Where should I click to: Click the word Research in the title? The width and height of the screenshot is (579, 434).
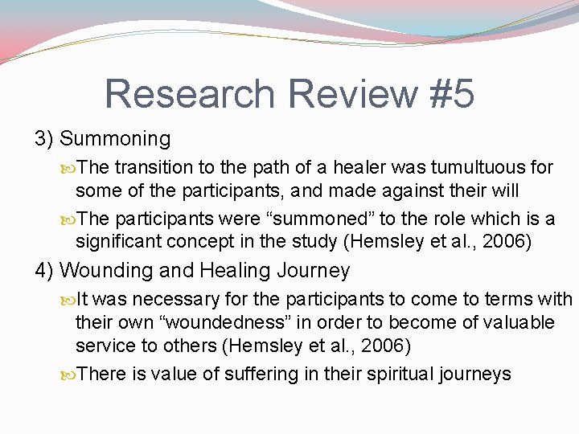click(x=189, y=94)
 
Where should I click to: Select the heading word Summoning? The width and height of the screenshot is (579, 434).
click(x=115, y=139)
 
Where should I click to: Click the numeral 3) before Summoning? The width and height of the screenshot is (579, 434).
click(x=44, y=139)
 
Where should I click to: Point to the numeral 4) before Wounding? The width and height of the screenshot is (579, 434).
click(x=44, y=271)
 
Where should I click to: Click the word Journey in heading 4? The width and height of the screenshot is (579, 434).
click(x=310, y=271)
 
